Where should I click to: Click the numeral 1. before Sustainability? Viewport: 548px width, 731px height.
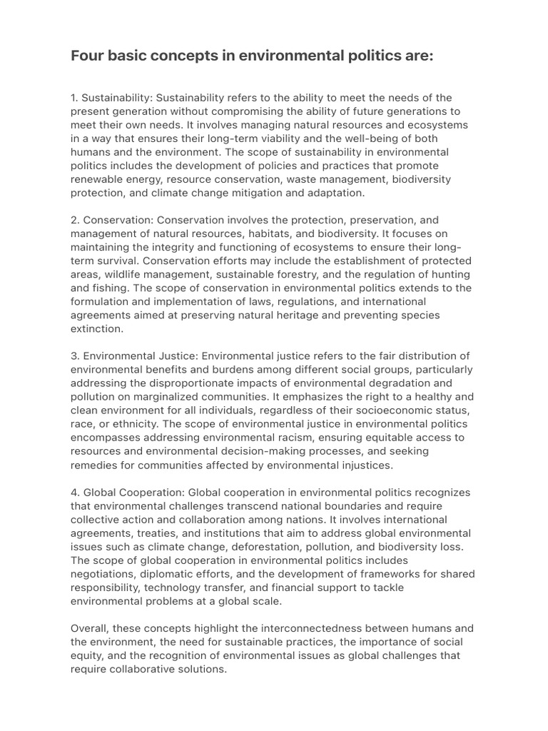click(75, 98)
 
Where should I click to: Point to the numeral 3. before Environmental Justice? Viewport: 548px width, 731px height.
click(76, 356)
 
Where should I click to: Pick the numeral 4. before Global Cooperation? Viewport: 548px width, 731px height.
click(76, 493)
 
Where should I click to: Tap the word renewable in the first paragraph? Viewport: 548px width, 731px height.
click(97, 179)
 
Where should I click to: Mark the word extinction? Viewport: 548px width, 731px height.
click(96, 329)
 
